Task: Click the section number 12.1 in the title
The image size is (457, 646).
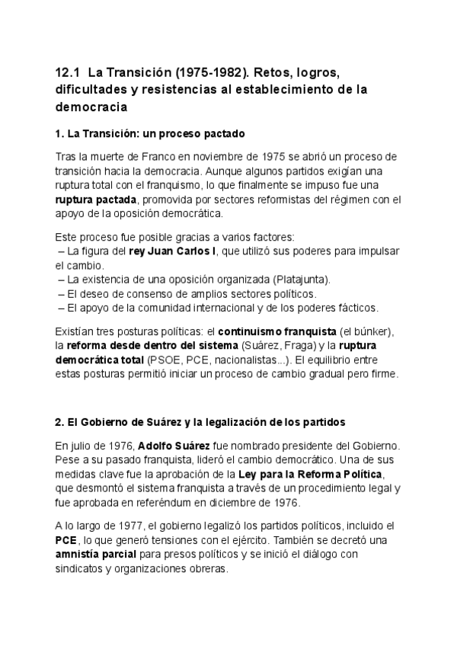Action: tap(68, 73)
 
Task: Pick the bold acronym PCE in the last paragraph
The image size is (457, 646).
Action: tap(67, 539)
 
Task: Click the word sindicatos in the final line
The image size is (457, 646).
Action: tap(82, 568)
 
